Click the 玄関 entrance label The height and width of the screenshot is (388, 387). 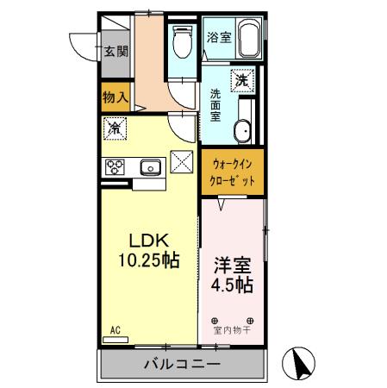(117, 52)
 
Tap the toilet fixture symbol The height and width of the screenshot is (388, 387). (183, 38)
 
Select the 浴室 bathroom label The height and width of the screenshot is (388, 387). (219, 37)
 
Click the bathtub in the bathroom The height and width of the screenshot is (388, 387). (250, 38)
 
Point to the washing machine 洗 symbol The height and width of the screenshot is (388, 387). (243, 79)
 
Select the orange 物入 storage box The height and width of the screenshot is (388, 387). (115, 97)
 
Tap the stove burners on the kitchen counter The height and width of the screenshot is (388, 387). (115, 166)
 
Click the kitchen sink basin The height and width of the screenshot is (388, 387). (148, 166)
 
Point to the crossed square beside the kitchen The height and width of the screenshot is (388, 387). (182, 161)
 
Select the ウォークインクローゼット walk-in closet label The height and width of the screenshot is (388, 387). (233, 172)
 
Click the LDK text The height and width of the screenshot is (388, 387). (147, 241)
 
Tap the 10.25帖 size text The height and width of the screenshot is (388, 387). (149, 259)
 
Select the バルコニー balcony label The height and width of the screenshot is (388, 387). (180, 364)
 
